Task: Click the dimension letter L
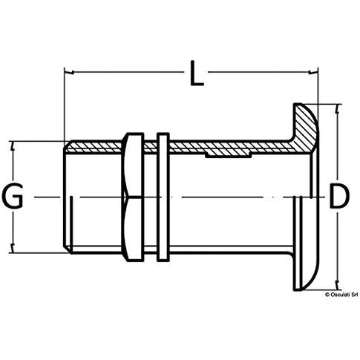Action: point(197,73)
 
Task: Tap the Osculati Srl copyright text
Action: point(341,295)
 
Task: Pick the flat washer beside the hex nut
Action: point(163,197)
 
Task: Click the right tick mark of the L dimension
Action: point(313,72)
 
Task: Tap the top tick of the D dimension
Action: point(337,109)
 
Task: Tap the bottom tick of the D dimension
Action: point(337,285)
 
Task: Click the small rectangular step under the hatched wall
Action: point(229,155)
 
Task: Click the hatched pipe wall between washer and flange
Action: point(229,148)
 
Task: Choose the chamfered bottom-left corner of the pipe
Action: point(68,249)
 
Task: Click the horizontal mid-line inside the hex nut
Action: point(134,197)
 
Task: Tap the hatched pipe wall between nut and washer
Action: point(151,148)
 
